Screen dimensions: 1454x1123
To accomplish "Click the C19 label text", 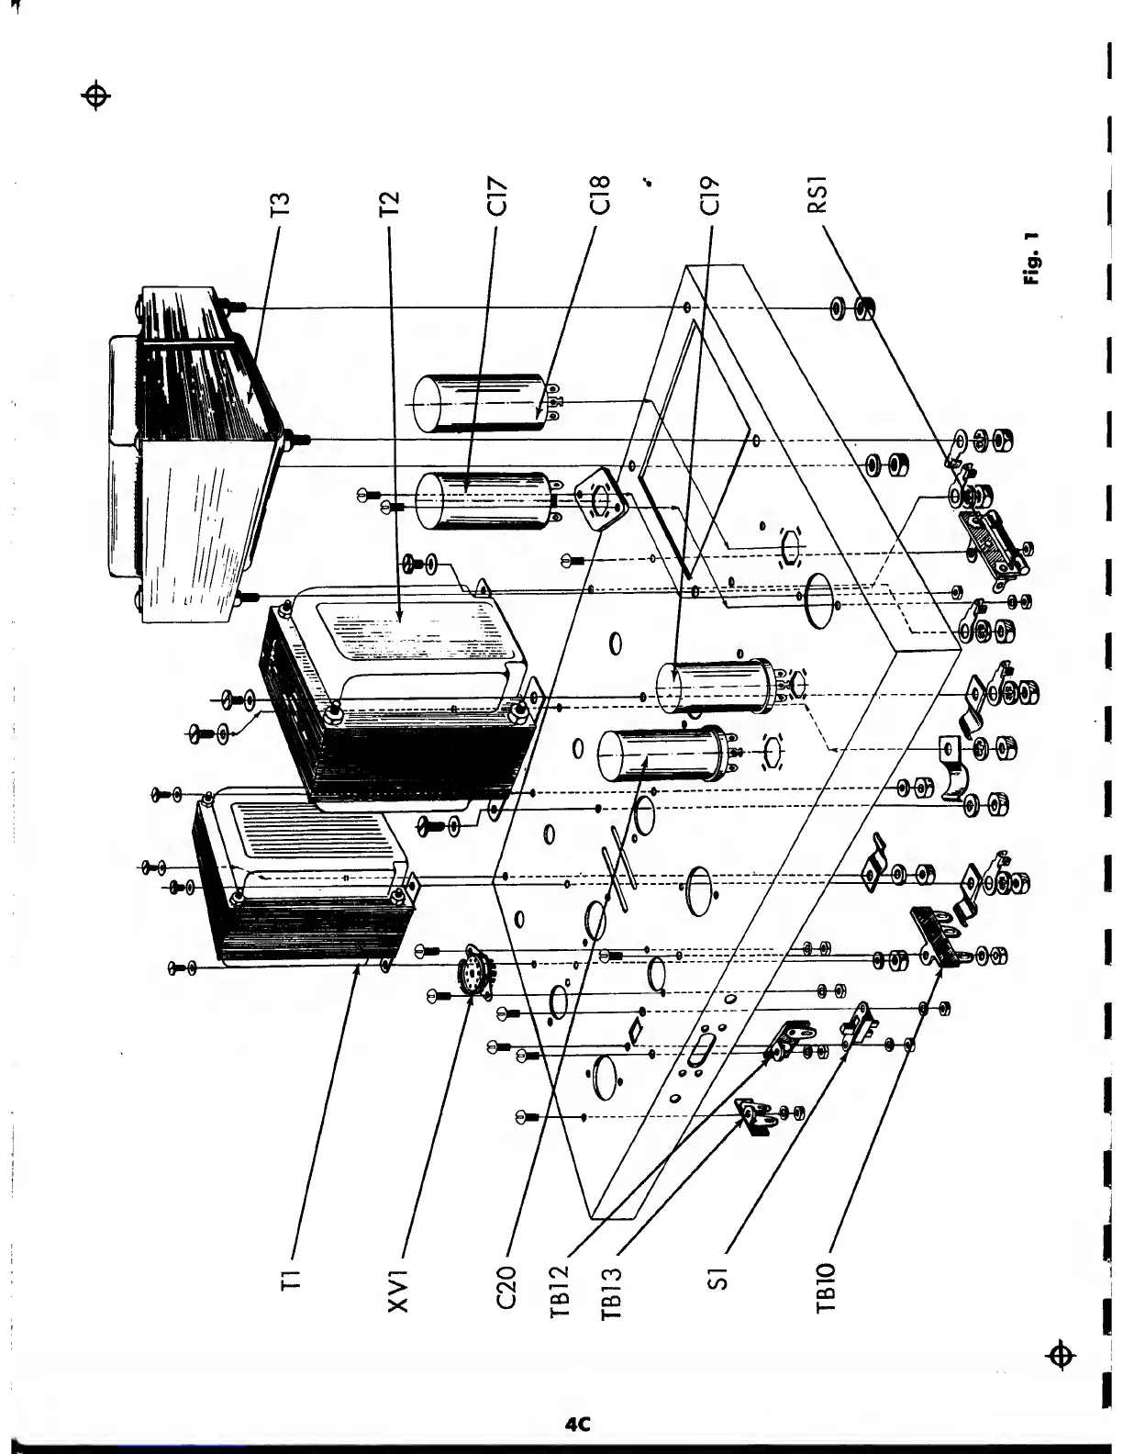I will click(708, 196).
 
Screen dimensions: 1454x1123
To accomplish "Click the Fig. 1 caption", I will click(1032, 259).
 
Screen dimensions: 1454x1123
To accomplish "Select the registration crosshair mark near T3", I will click(96, 95).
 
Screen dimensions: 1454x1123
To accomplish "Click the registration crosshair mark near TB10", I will click(1062, 1354).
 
